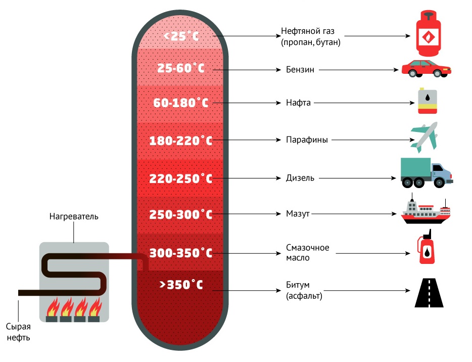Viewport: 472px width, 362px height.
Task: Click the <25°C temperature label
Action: pos(181,36)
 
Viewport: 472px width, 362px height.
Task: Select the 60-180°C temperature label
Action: pos(180,103)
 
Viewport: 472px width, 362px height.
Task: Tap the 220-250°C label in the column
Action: pos(180,178)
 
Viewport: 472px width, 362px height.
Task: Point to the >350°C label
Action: pos(181,285)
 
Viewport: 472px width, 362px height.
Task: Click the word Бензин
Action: pos(300,70)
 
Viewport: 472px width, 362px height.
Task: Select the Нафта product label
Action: pos(298,103)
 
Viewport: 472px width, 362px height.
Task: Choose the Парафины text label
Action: pos(307,140)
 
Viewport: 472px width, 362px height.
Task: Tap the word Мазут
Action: pos(298,214)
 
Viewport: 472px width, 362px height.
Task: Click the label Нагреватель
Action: pos(74,216)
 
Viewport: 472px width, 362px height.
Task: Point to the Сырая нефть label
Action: pos(18,332)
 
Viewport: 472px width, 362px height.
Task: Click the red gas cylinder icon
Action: pos(429,33)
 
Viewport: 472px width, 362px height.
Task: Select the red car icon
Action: pos(426,68)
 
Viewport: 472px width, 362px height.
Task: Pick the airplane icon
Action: pos(424,138)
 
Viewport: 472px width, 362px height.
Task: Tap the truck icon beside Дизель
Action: pos(427,172)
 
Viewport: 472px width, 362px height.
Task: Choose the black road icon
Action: pos(429,292)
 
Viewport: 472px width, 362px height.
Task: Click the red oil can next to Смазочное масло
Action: pos(426,247)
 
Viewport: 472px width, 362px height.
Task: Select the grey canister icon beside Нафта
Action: pos(427,101)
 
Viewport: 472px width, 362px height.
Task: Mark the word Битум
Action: pos(298,285)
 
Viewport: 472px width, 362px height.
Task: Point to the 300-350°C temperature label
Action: pos(180,253)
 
